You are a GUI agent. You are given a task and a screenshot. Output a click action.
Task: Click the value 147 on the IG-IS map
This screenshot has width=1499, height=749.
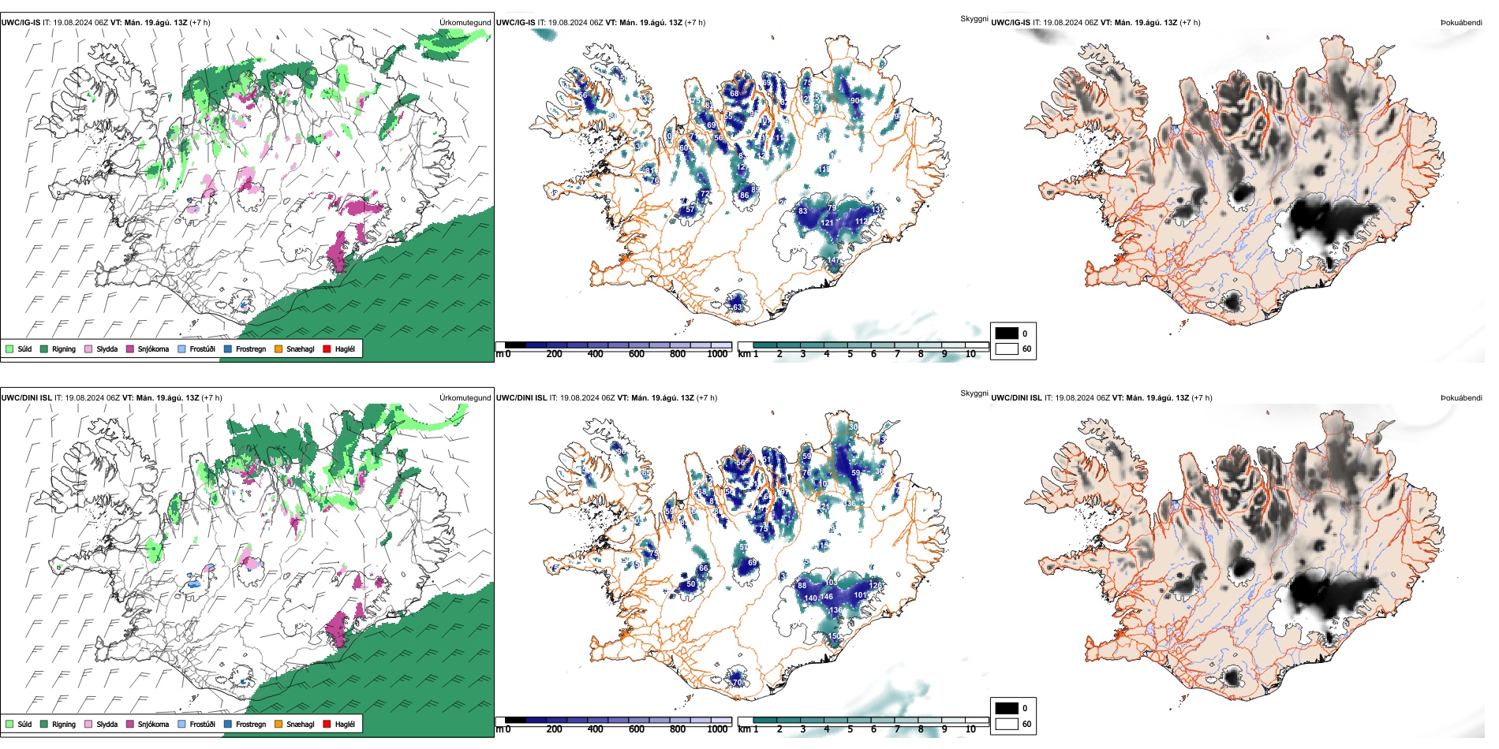pyautogui.click(x=833, y=260)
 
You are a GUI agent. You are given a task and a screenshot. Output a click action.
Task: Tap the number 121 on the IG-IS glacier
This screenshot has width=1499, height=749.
pyautogui.click(x=827, y=223)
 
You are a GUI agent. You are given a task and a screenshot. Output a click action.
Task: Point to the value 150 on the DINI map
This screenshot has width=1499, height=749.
pyautogui.click(x=834, y=635)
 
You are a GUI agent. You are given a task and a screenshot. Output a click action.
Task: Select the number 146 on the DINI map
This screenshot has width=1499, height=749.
pyautogui.click(x=826, y=597)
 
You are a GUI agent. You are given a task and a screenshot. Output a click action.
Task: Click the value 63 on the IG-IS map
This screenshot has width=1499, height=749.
pyautogui.click(x=737, y=307)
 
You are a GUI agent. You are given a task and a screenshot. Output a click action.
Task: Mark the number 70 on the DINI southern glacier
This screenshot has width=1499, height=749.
pyautogui.click(x=738, y=683)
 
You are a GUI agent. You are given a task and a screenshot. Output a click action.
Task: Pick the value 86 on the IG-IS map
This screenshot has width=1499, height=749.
pyautogui.click(x=744, y=196)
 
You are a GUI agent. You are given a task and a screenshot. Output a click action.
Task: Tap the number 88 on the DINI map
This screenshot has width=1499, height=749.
pyautogui.click(x=802, y=585)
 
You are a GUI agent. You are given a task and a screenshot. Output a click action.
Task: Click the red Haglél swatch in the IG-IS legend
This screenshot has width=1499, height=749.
pyautogui.click(x=327, y=349)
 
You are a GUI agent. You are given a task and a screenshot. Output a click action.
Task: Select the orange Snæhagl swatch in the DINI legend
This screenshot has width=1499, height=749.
pyautogui.click(x=278, y=725)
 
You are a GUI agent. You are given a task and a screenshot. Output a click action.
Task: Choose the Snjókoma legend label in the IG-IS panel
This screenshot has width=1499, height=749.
pyautogui.click(x=153, y=349)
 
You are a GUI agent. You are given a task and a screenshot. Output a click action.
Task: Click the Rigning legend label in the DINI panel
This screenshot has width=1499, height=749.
pyautogui.click(x=64, y=725)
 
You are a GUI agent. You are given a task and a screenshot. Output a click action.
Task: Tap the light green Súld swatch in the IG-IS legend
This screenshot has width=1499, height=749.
pyautogui.click(x=9, y=349)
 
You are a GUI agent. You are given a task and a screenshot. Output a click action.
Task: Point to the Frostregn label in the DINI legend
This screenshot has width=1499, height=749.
pyautogui.click(x=250, y=725)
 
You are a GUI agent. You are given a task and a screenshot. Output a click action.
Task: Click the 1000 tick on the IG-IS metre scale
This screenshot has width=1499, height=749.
pyautogui.click(x=717, y=354)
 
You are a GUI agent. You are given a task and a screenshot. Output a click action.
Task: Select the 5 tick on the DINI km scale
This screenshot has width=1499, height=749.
pyautogui.click(x=850, y=729)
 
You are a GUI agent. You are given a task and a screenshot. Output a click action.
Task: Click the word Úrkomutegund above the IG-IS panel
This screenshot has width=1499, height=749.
pyautogui.click(x=465, y=23)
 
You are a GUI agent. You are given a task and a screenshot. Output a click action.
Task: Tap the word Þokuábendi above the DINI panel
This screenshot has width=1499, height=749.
pyautogui.click(x=1461, y=398)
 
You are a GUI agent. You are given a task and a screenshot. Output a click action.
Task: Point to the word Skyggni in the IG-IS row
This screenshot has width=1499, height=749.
pyautogui.click(x=974, y=18)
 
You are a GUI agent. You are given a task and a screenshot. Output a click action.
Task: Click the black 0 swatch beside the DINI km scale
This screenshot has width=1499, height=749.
pyautogui.click(x=1007, y=708)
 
